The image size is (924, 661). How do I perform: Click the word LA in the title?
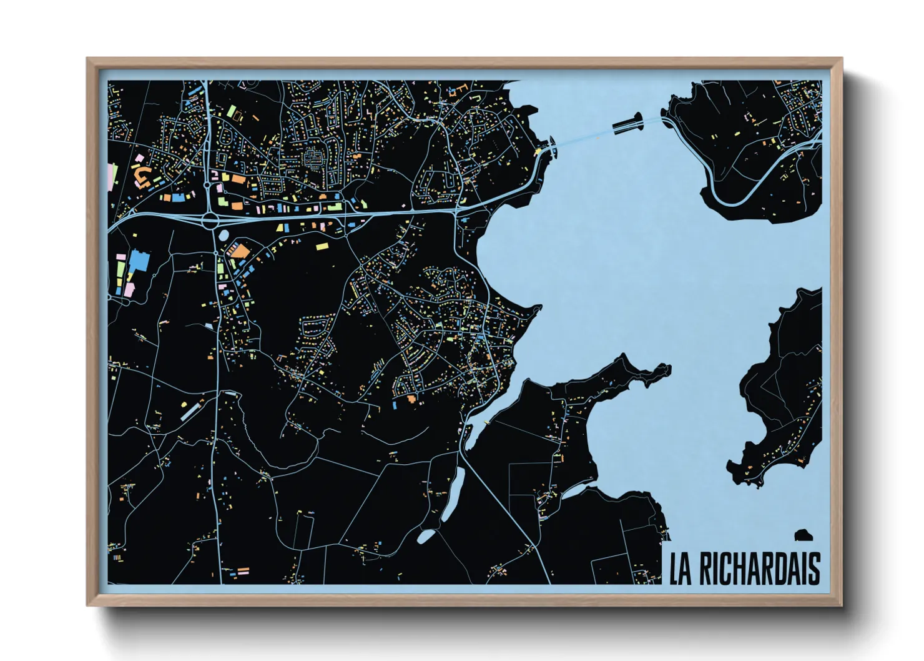pyautogui.click(x=681, y=569)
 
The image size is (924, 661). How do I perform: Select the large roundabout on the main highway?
pyautogui.click(x=210, y=219)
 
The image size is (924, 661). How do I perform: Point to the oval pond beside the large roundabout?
pyautogui.click(x=223, y=236)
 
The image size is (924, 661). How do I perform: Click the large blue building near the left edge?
pyautogui.click(x=139, y=261)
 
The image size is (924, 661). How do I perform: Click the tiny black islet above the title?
pyautogui.click(x=803, y=535)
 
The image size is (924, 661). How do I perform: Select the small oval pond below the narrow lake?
pyautogui.click(x=426, y=537)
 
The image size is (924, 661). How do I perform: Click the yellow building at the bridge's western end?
pyautogui.click(x=538, y=152)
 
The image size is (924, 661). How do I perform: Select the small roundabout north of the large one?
pyautogui.click(x=207, y=184)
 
